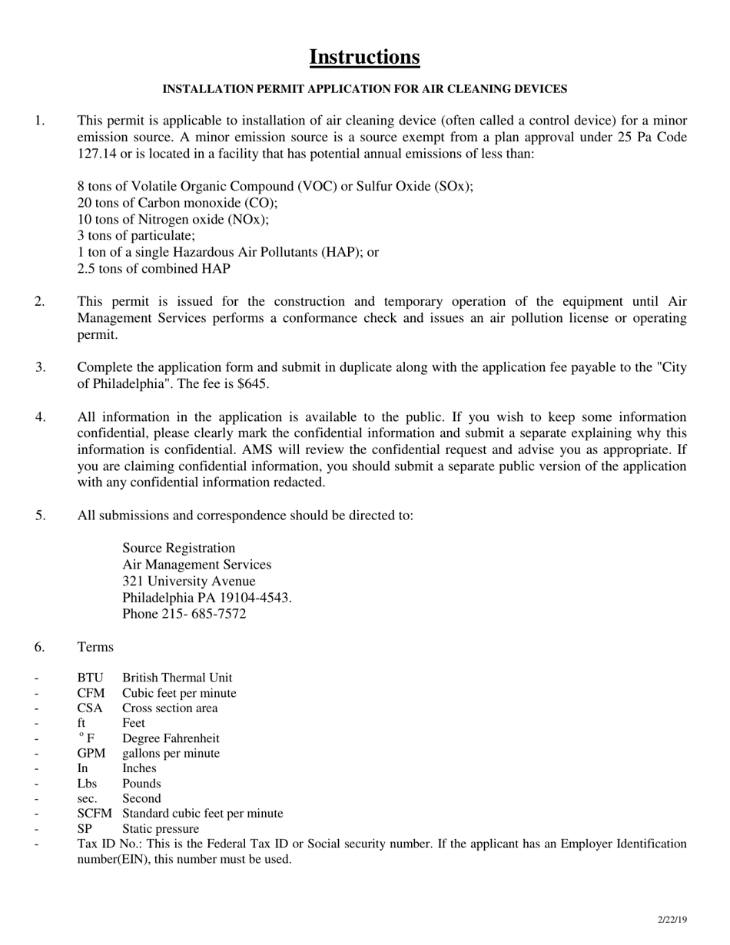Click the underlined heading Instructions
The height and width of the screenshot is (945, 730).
click(x=364, y=58)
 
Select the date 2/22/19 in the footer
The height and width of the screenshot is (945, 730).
click(x=672, y=920)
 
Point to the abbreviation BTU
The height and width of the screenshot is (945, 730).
click(x=90, y=678)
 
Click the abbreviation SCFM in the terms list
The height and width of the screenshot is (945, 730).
click(x=95, y=814)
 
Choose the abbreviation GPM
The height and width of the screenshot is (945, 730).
click(x=91, y=753)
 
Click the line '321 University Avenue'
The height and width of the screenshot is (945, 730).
click(x=189, y=581)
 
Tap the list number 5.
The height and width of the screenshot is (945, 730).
click(x=41, y=515)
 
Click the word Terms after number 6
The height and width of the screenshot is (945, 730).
click(x=95, y=647)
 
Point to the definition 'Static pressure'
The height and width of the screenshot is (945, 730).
click(x=161, y=829)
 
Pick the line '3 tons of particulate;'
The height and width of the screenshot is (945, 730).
click(x=137, y=236)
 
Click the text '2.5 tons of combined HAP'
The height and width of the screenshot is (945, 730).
click(x=154, y=269)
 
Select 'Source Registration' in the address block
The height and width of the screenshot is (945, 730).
click(x=179, y=548)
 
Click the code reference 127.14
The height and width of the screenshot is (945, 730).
click(x=97, y=153)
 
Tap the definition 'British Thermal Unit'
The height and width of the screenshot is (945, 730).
click(x=177, y=678)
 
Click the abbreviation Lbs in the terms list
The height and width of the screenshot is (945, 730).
click(x=87, y=784)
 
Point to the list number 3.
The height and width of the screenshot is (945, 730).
click(x=41, y=367)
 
